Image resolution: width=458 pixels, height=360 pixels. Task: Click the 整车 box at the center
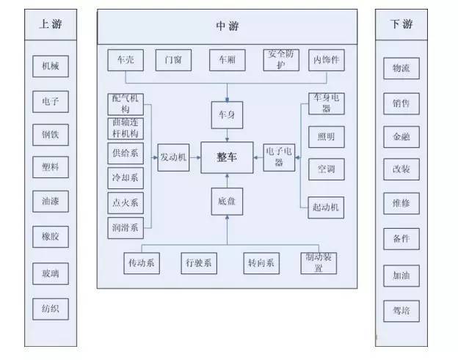(x=227, y=158)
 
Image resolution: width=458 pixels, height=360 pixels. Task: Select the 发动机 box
(x=174, y=157)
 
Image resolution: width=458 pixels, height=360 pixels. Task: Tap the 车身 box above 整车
(x=227, y=115)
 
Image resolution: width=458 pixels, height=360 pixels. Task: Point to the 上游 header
(x=51, y=24)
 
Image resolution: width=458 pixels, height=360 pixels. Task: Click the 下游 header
(x=401, y=24)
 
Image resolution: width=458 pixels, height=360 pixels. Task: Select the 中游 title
(x=227, y=26)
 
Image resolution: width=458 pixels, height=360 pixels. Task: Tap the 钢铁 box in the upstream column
(x=51, y=135)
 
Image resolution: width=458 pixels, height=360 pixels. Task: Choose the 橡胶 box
(x=51, y=237)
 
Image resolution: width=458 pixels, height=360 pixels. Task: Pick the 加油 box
(x=401, y=276)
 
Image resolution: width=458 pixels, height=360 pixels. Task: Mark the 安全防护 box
(x=283, y=60)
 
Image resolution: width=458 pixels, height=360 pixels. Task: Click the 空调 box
(x=326, y=169)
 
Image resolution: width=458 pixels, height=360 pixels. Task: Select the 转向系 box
(x=261, y=262)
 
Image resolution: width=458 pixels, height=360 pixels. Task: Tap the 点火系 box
(x=126, y=202)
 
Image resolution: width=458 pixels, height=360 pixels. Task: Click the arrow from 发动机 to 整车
(x=195, y=157)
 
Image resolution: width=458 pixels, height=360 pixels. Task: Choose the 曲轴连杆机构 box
(x=126, y=128)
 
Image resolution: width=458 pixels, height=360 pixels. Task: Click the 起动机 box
(x=326, y=207)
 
